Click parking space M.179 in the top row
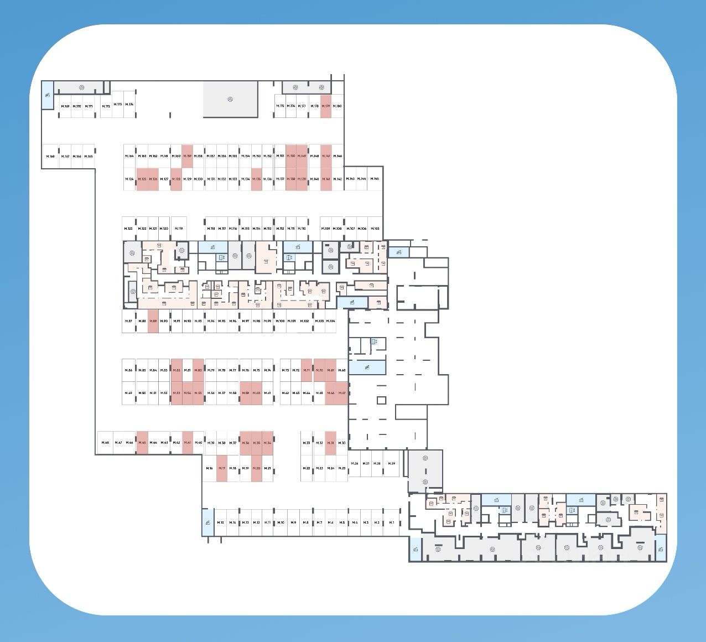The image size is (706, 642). (x=326, y=106)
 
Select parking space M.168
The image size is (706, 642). (x=51, y=157)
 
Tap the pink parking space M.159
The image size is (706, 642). (x=188, y=156)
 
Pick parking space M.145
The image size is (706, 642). (x=375, y=179)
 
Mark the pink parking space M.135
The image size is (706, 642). (x=257, y=179)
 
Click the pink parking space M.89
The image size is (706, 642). (x=153, y=321)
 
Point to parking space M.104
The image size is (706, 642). (x=331, y=321)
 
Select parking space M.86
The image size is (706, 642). (x=129, y=370)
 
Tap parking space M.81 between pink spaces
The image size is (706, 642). (x=188, y=370)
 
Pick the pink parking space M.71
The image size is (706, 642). (x=307, y=370)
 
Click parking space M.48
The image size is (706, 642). (x=105, y=443)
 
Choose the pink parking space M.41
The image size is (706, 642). (x=188, y=443)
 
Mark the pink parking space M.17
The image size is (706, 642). (x=222, y=468)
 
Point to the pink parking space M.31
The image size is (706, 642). (x=331, y=443)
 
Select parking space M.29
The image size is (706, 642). (x=392, y=463)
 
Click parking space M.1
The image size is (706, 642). (x=392, y=522)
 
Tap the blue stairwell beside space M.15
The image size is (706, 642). (x=207, y=522)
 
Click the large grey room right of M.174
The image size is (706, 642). (x=231, y=99)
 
